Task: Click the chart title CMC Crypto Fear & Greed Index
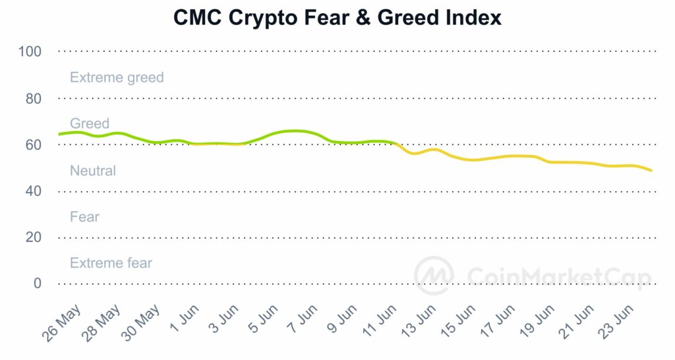[337, 18]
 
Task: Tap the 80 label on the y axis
[33, 98]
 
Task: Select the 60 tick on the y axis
[33, 144]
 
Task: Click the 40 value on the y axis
[33, 191]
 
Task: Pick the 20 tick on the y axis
[33, 237]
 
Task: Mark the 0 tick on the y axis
[37, 284]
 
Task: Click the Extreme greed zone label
[117, 77]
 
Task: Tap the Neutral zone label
[92, 171]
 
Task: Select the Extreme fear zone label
[111, 263]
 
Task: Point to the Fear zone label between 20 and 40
[84, 217]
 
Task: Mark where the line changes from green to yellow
[396, 143]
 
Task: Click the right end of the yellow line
[652, 171]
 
